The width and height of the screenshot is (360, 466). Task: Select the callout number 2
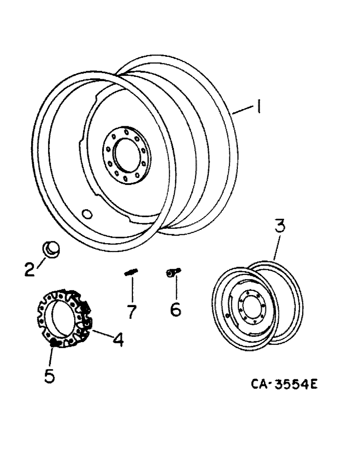coord(30,269)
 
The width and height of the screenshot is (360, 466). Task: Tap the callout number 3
coord(279,230)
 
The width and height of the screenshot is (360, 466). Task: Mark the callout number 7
coord(132,311)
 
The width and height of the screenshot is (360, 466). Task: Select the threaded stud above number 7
coord(131,274)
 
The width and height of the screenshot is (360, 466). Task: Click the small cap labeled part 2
coord(51,249)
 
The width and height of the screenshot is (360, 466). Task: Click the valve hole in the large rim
coord(87,214)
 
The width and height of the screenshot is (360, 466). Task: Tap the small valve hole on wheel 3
coord(227,316)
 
